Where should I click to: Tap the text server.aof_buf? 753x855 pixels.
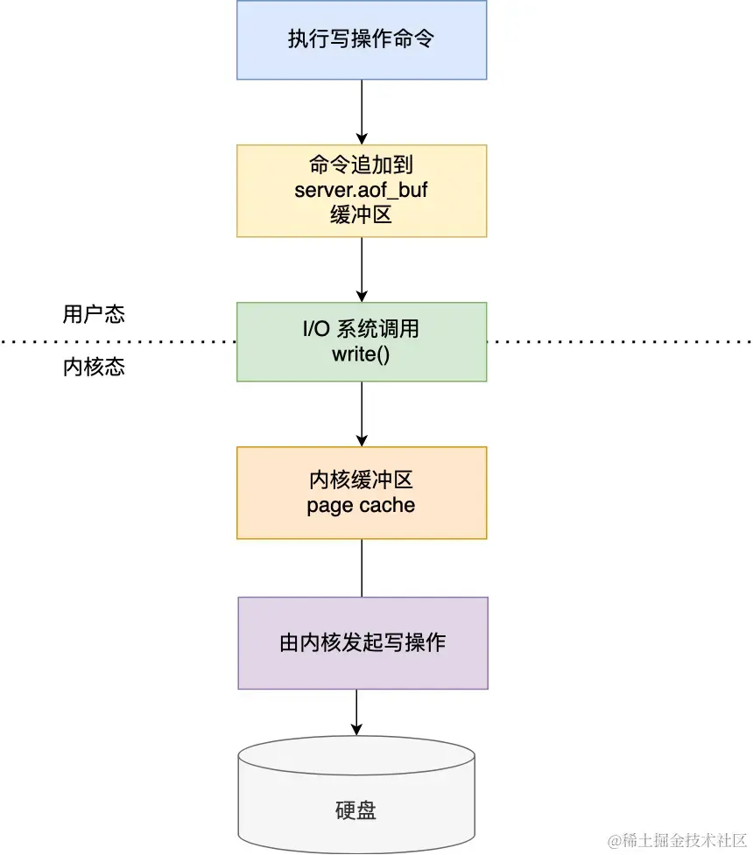[362, 189]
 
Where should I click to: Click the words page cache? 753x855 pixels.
[362, 505]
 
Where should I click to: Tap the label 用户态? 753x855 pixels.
[94, 314]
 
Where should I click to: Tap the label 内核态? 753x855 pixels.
[94, 367]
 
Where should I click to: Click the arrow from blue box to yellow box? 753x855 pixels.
[362, 112]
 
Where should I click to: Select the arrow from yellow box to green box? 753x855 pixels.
[362, 270]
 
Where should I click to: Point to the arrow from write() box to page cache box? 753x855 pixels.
[362, 414]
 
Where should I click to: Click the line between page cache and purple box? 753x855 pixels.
[362, 568]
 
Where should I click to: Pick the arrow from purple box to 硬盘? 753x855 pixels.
[356, 711]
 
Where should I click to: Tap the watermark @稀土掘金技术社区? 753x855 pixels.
[677, 840]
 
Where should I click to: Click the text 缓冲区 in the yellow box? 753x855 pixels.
[362, 214]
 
